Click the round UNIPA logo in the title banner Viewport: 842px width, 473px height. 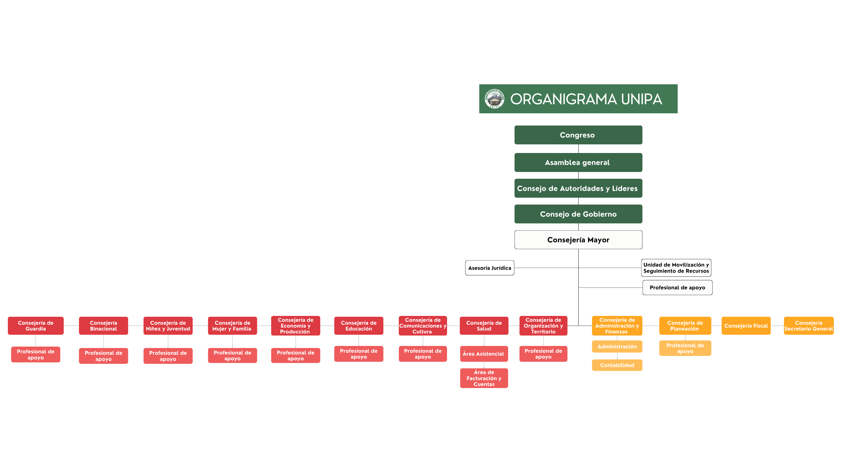click(494, 99)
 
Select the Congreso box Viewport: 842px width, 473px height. click(578, 135)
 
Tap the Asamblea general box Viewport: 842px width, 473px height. click(578, 163)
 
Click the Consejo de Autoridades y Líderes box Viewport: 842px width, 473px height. click(578, 188)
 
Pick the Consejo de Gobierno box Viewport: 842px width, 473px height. click(578, 214)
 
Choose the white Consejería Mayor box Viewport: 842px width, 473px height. click(578, 240)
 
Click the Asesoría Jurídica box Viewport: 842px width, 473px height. click(489, 268)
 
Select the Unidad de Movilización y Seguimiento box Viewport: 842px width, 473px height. click(676, 268)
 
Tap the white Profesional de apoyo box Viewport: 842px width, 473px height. click(677, 288)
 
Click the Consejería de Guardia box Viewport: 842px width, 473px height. click(36, 326)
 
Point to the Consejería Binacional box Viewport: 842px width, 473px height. click(103, 326)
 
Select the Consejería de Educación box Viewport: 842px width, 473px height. click(358, 326)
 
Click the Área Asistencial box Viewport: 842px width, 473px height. click(484, 354)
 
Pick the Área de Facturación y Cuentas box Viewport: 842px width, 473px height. click(484, 378)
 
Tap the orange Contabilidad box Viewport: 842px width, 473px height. click(617, 365)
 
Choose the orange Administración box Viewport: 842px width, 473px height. click(617, 347)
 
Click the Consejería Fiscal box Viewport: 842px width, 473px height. click(746, 326)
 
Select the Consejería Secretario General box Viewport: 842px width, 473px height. click(809, 326)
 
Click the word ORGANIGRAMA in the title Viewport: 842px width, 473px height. click(563, 99)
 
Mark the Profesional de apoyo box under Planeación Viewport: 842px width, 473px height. click(685, 348)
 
